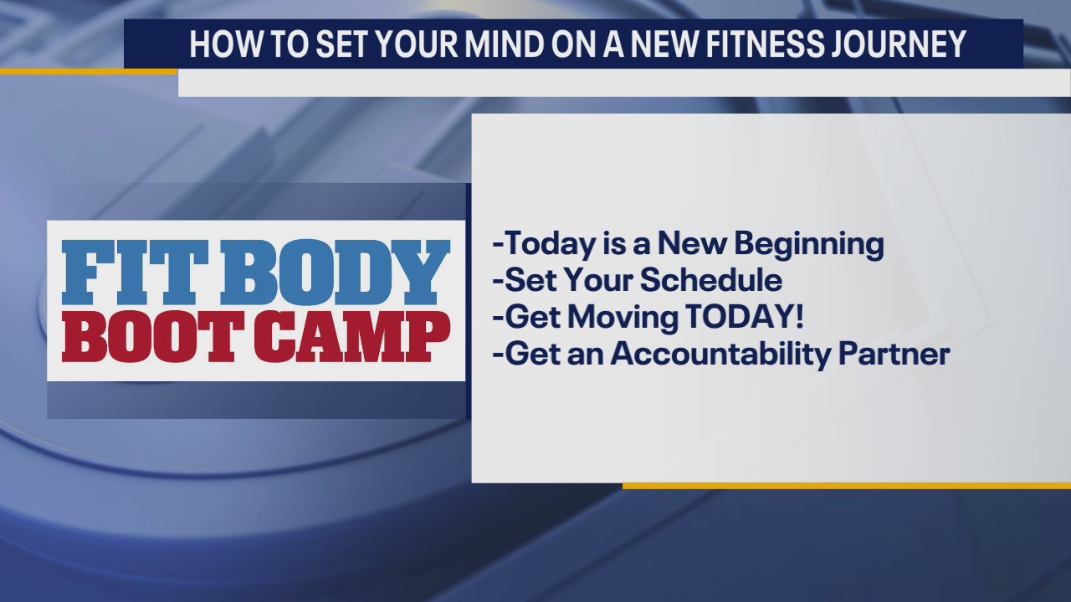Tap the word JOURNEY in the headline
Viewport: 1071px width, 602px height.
(915, 44)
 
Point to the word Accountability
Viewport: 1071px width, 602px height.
(720, 354)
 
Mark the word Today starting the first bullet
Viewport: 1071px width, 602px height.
(544, 244)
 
